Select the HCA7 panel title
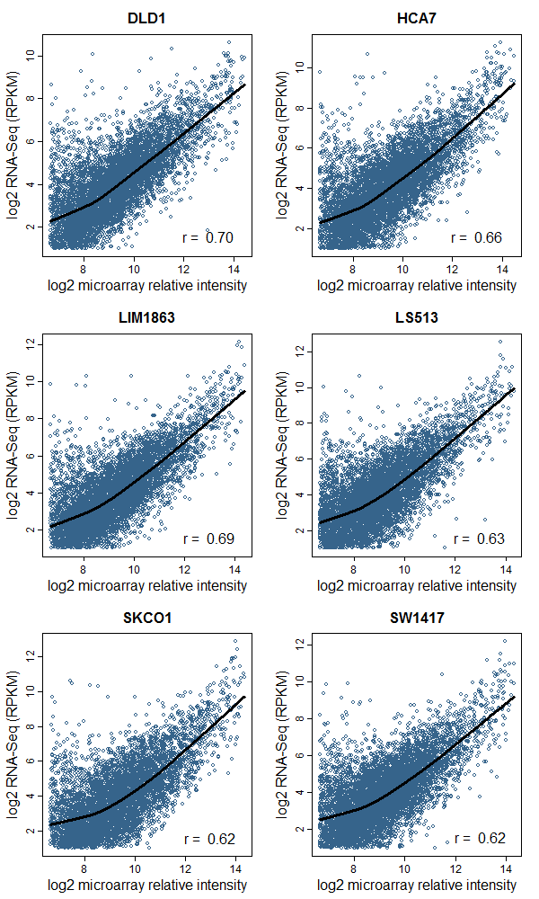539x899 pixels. [417, 17]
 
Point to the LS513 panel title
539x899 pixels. [417, 317]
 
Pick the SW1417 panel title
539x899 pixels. [417, 618]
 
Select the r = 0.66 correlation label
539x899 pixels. [476, 238]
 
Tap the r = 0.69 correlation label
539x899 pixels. [208, 539]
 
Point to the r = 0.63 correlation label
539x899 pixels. [479, 539]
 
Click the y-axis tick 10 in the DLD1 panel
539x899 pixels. [31, 56]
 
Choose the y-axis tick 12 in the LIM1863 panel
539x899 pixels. [31, 343]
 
